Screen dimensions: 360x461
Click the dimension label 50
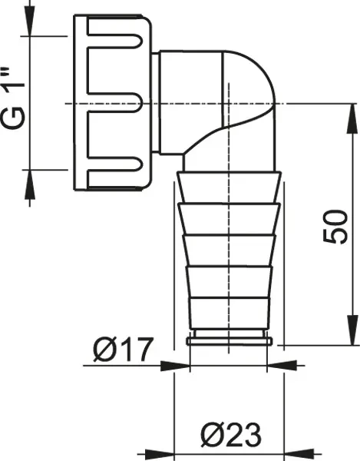click(x=335, y=227)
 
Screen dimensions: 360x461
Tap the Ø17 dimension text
click(x=124, y=350)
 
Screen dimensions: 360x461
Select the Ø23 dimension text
click(x=231, y=435)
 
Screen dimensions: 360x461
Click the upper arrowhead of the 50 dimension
click(x=352, y=118)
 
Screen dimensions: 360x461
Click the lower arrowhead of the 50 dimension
click(x=352, y=330)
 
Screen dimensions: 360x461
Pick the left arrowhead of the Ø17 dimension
click(x=175, y=366)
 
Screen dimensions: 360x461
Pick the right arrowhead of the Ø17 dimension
click(x=282, y=366)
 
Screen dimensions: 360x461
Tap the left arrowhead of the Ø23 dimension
click(x=160, y=454)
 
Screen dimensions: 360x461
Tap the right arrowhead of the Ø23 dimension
click(x=299, y=454)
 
